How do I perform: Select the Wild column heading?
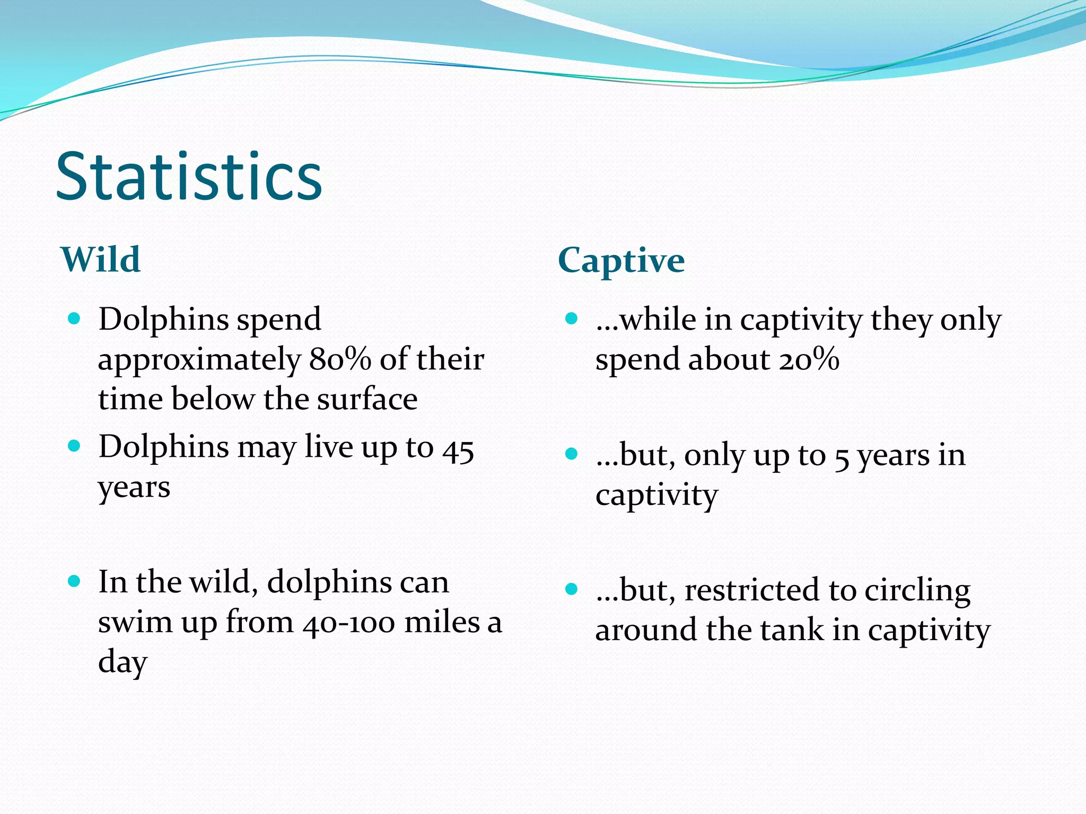click(101, 260)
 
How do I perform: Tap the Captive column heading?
click(621, 261)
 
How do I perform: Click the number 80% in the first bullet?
click(340, 359)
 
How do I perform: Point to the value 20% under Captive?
click(809, 359)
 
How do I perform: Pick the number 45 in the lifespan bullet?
click(458, 449)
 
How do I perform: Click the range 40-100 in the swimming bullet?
click(349, 623)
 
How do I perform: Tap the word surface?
click(367, 399)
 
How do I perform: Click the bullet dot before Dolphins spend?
click(74, 318)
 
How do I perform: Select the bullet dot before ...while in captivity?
click(571, 318)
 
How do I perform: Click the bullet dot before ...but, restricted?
click(571, 589)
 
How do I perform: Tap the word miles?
click(442, 622)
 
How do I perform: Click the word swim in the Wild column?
click(135, 622)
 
